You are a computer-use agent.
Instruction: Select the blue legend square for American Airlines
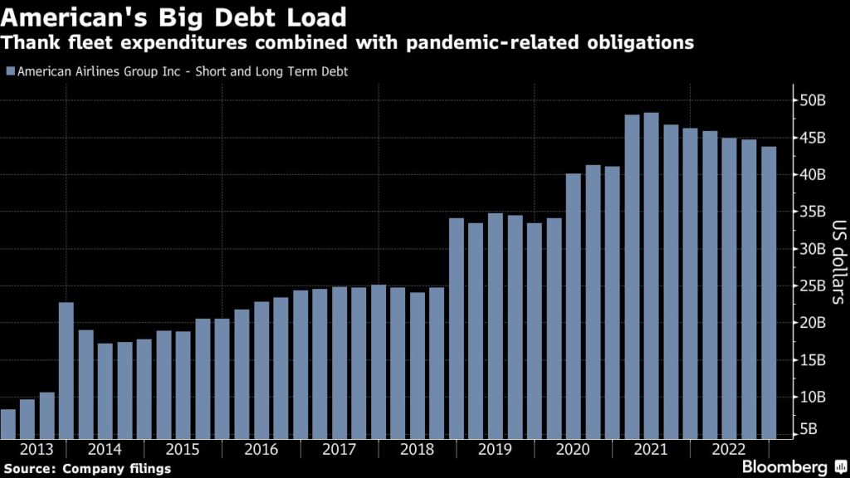point(9,71)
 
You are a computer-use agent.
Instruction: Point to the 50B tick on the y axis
point(814,100)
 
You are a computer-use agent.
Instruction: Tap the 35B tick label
point(814,212)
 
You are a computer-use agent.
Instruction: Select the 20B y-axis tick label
point(814,322)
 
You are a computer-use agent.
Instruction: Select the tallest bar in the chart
point(651,274)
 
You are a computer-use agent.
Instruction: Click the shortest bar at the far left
point(8,423)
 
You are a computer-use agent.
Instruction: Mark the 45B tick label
point(814,138)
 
